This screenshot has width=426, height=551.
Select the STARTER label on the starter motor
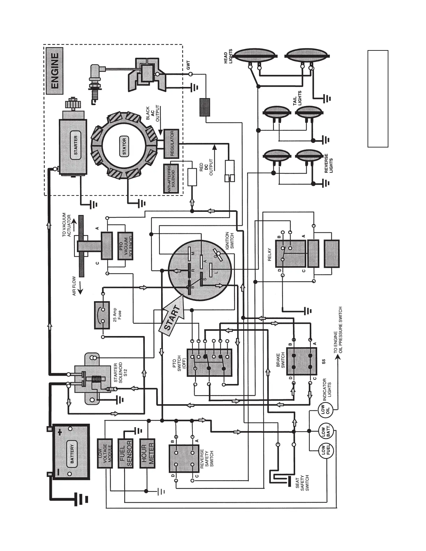(76, 145)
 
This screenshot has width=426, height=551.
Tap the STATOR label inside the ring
(124, 145)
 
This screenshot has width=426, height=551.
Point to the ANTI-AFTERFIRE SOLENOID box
(171, 179)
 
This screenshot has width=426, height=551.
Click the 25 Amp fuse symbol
(102, 315)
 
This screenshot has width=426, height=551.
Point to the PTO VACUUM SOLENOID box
(126, 246)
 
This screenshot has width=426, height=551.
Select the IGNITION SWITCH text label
(230, 240)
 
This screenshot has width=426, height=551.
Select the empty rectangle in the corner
(378, 98)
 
